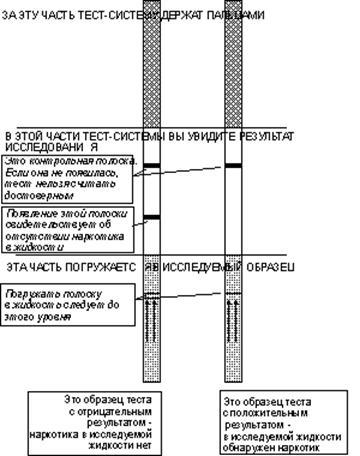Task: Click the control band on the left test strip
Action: [152, 166]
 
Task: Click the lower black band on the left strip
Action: [152, 217]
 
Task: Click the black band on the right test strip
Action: [233, 165]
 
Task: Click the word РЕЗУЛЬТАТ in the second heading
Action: [265, 134]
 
